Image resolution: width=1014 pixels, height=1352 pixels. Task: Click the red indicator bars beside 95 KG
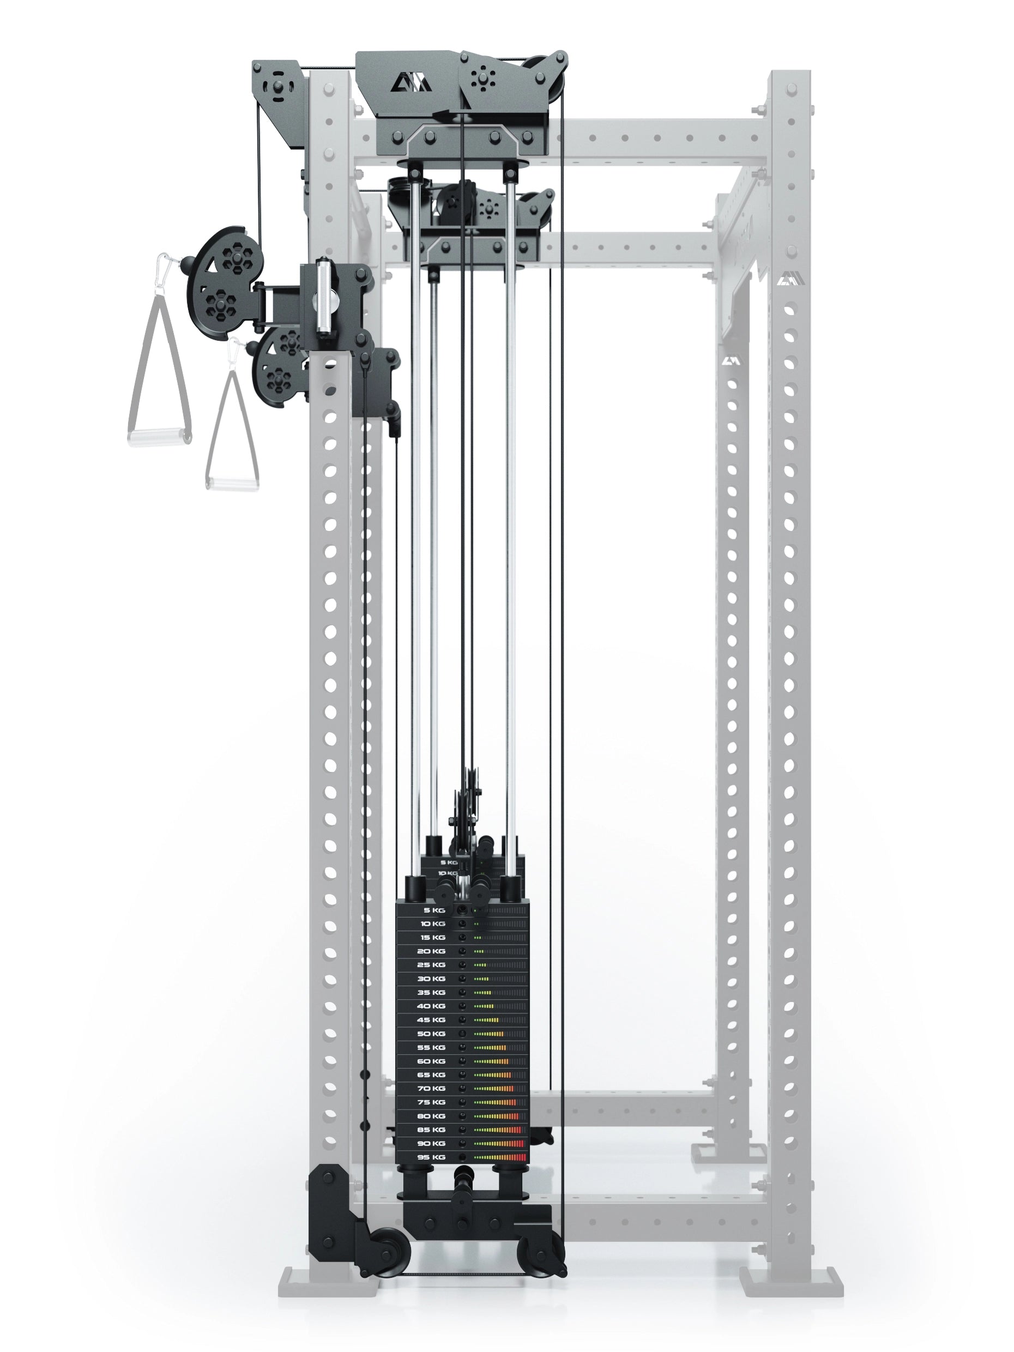(520, 1157)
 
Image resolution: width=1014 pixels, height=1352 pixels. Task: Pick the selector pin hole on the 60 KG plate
(463, 1061)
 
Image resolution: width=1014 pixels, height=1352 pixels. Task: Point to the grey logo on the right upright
(784, 281)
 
